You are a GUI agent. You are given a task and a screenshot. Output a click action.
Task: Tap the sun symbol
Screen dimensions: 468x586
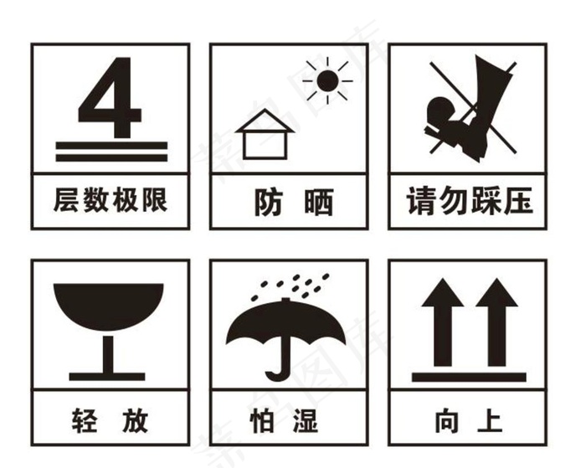(327, 80)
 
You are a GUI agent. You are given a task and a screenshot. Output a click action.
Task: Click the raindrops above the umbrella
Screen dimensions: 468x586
(293, 284)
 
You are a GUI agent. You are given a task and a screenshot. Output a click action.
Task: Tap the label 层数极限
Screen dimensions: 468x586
(111, 200)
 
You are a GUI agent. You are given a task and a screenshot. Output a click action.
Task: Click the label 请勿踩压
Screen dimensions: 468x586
(468, 201)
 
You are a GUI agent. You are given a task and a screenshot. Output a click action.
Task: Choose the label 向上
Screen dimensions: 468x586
(468, 419)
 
